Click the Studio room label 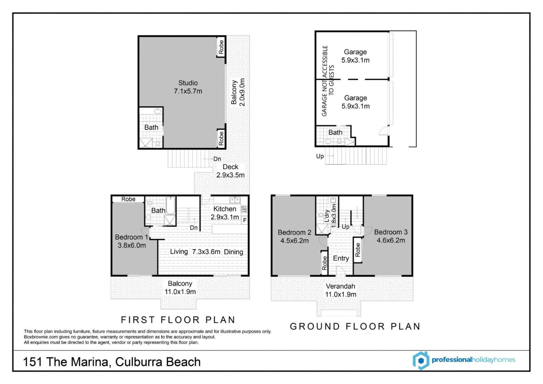click(188, 83)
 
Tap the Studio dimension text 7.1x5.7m click(188, 91)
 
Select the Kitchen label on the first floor click(225, 209)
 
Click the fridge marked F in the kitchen click(245, 220)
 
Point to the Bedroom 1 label click(132, 237)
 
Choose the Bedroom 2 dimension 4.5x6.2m click(294, 241)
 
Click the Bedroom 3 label click(391, 232)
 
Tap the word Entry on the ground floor click(341, 258)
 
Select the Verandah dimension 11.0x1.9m click(341, 294)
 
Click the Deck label click(230, 167)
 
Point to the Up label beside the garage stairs click(320, 156)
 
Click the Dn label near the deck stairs click(217, 159)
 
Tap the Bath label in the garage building click(335, 132)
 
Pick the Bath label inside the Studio click(151, 127)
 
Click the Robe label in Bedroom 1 click(128, 199)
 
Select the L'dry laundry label click(327, 216)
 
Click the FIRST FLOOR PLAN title click(178, 320)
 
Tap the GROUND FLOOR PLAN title click(355, 327)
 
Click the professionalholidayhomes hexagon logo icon click(421, 361)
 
